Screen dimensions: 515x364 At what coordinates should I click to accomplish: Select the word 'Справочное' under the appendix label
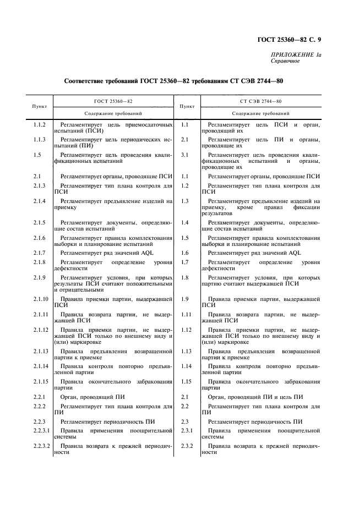[x=285, y=62]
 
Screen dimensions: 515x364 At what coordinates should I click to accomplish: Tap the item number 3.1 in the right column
[x=185, y=155]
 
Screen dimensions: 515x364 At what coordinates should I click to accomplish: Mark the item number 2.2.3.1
[x=42, y=429]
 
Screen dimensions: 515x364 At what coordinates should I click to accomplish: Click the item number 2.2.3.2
[x=42, y=445]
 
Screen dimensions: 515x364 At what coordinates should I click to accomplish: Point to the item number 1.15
[x=186, y=381]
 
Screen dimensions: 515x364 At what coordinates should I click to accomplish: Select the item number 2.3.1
[x=187, y=429]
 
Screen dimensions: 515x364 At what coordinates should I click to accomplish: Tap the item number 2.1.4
[x=39, y=201]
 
